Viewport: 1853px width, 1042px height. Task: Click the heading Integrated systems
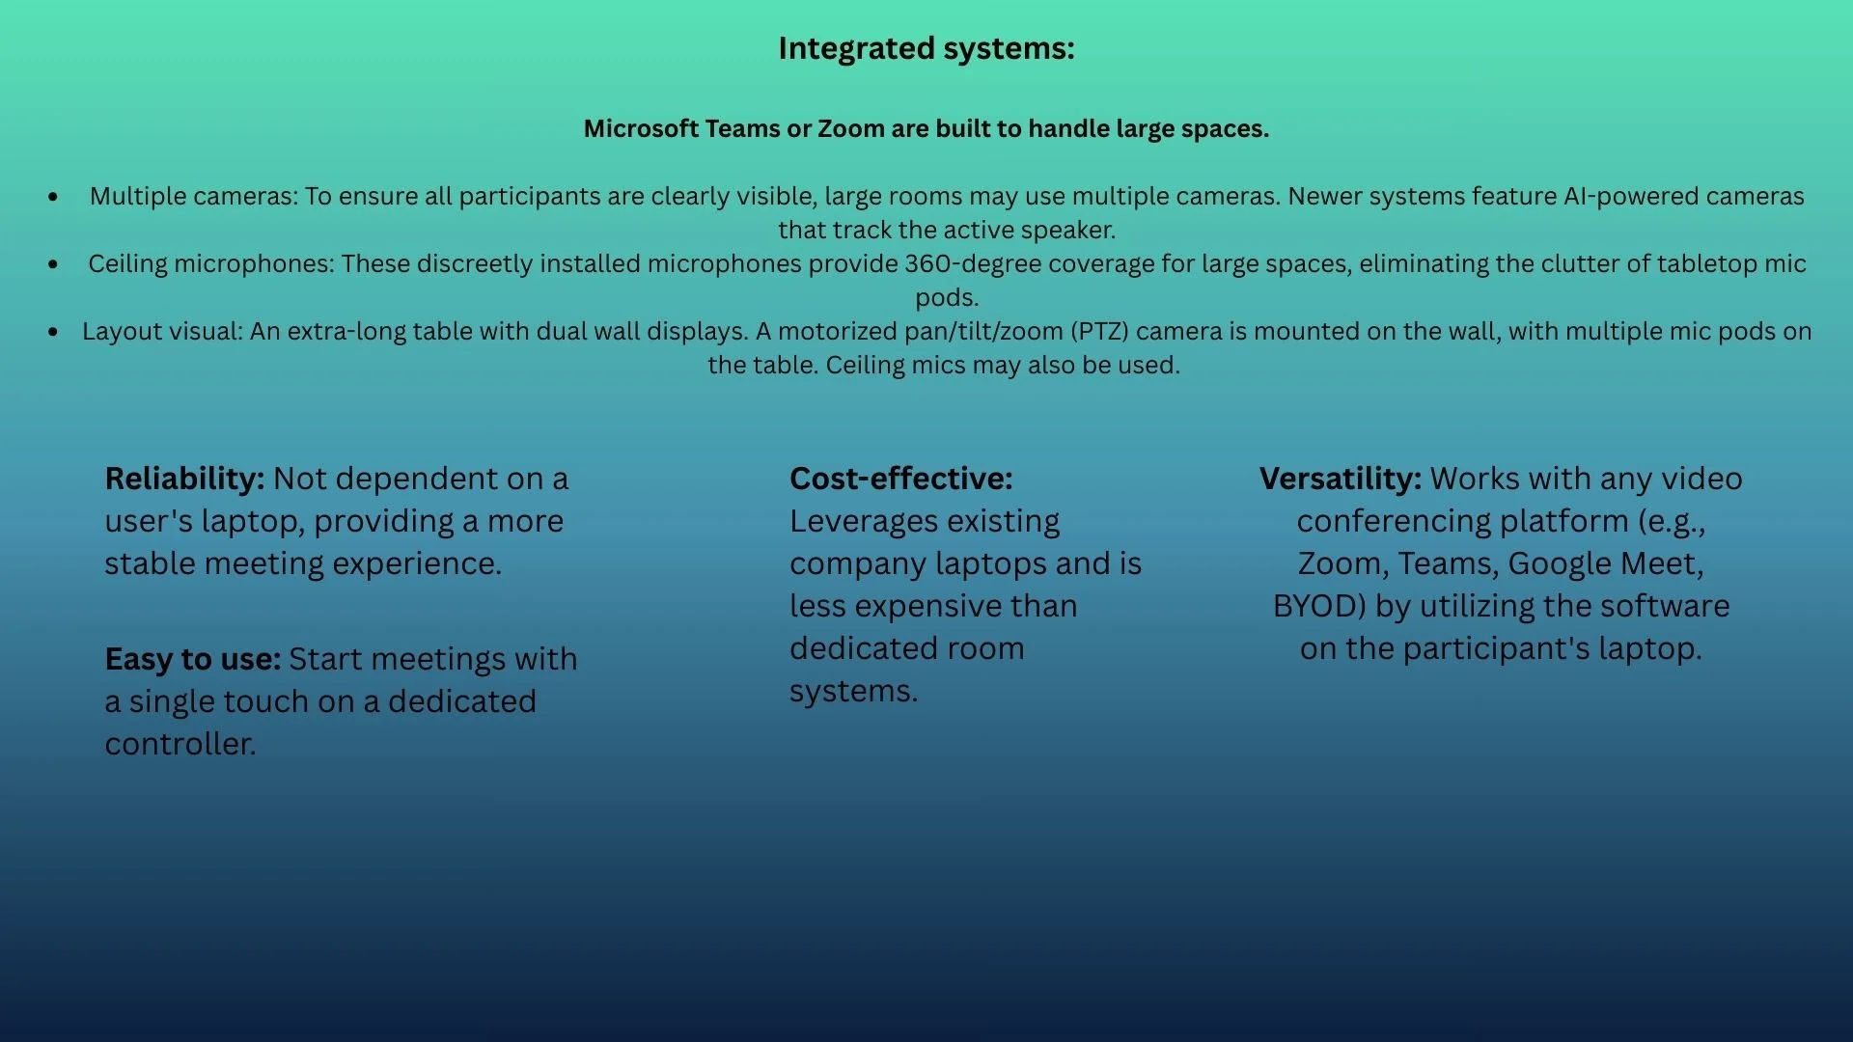point(926,48)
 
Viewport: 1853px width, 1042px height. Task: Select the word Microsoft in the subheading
point(641,128)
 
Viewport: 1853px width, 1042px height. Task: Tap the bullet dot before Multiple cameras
point(53,197)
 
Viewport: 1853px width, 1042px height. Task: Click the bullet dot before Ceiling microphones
point(53,264)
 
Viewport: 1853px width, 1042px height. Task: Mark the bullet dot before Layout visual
point(53,332)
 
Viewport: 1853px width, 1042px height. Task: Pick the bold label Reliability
point(184,479)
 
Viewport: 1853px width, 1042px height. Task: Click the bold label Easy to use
point(192,659)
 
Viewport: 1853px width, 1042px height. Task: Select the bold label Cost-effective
point(900,479)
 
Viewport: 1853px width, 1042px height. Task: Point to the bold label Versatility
point(1340,479)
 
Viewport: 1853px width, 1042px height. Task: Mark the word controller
point(180,744)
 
